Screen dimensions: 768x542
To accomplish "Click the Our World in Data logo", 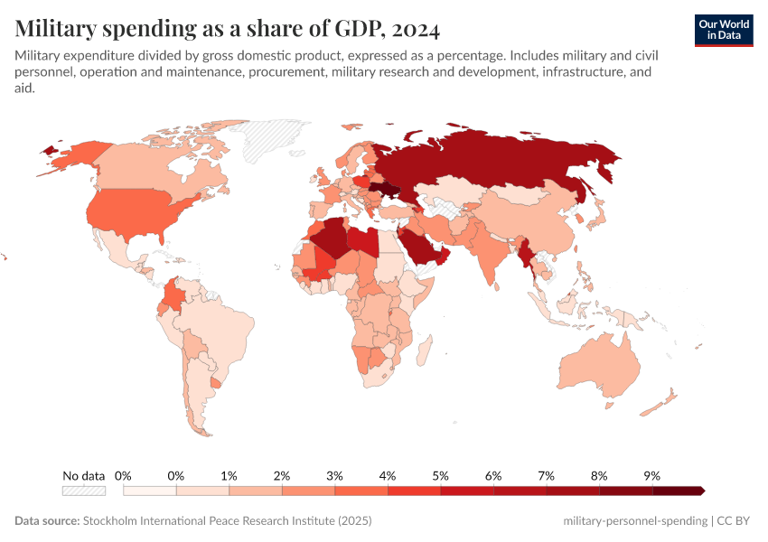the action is pyautogui.click(x=724, y=30).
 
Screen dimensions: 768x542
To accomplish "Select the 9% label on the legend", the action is pyautogui.click(x=651, y=475).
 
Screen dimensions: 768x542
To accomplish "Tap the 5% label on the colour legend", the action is pyautogui.click(x=440, y=475).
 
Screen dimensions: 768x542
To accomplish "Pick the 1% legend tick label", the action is pyautogui.click(x=229, y=475).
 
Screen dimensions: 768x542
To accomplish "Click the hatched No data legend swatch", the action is pyautogui.click(x=83, y=491).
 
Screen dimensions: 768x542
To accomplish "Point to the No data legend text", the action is pyautogui.click(x=83, y=475).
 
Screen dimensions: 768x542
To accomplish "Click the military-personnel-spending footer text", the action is pyautogui.click(x=634, y=521).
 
